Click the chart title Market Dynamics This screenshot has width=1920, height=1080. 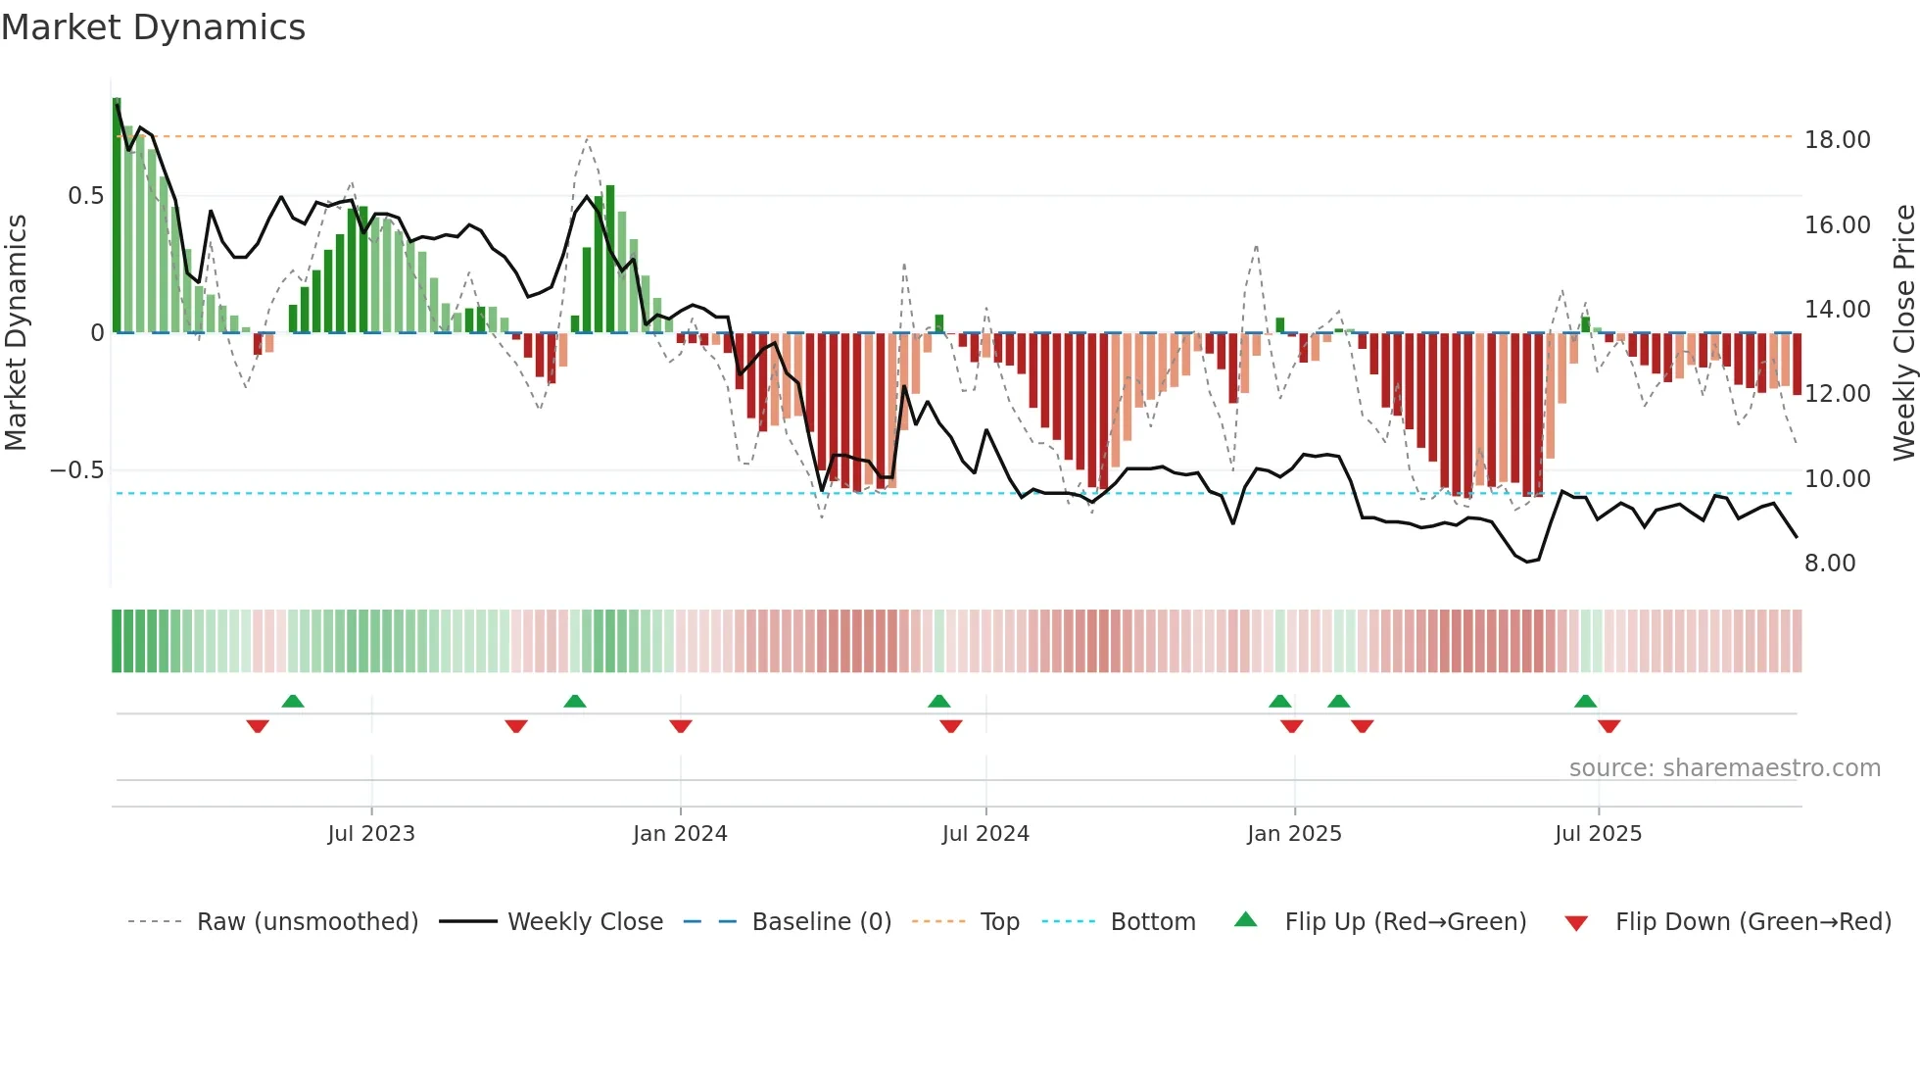[x=153, y=27]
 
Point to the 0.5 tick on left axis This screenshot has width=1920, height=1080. [x=85, y=196]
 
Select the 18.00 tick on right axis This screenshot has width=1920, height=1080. [x=1837, y=140]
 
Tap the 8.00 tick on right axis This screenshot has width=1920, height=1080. [x=1829, y=564]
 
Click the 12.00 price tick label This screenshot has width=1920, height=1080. [x=1837, y=394]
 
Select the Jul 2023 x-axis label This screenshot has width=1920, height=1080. [x=371, y=834]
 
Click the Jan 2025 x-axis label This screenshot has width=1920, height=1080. [x=1294, y=834]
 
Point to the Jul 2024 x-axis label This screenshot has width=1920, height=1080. [x=985, y=834]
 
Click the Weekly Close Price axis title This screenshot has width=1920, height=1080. [x=1902, y=332]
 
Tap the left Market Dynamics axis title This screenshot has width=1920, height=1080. [x=16, y=332]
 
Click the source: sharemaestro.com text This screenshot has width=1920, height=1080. [x=1724, y=768]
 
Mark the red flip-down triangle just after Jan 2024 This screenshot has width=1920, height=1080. [x=681, y=726]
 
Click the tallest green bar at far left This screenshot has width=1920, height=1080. [x=117, y=216]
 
